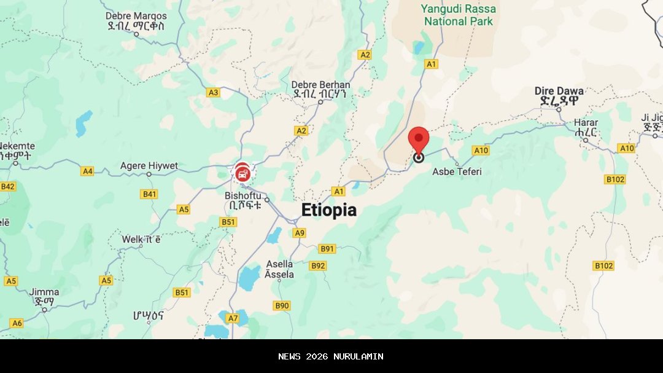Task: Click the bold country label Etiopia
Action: tap(328, 210)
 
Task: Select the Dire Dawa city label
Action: tap(559, 92)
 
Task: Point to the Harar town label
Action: tap(586, 123)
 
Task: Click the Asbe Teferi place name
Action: tap(457, 171)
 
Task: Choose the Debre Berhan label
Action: tap(320, 85)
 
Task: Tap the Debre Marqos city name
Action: tap(136, 16)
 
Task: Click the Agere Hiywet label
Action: tap(149, 166)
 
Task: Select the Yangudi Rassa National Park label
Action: tap(459, 15)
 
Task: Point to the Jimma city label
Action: tap(44, 293)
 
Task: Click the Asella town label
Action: tap(279, 264)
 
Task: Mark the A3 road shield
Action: tap(213, 93)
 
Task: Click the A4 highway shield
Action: tap(87, 171)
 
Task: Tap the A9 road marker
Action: tap(299, 233)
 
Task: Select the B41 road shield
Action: tap(149, 194)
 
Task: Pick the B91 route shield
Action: tap(327, 249)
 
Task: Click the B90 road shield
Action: tap(282, 305)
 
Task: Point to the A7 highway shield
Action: tap(233, 318)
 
